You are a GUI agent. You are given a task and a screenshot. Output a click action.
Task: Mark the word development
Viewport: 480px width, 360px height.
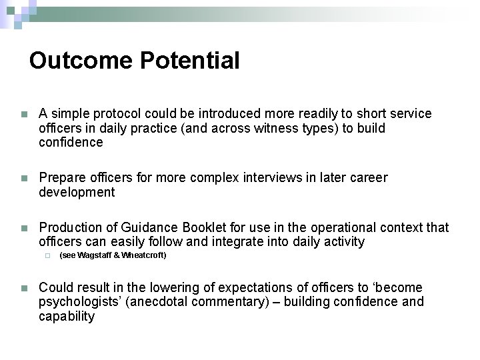pos(77,193)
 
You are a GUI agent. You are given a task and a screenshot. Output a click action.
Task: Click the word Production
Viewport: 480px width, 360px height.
pos(71,228)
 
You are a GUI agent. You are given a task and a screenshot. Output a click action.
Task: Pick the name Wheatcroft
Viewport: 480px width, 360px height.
pos(143,255)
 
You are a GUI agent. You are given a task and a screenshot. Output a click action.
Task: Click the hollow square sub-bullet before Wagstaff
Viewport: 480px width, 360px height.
pos(48,255)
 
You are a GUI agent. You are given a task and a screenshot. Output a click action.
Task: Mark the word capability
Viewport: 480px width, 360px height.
pos(67,316)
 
